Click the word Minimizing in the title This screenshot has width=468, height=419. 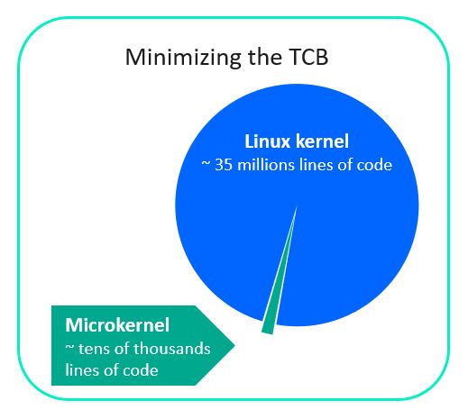(x=183, y=57)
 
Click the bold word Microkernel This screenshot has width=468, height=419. (x=117, y=325)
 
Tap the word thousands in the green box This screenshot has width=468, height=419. (x=172, y=349)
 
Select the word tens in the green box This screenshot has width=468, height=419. (x=92, y=349)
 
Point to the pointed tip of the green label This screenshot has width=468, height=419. (x=234, y=345)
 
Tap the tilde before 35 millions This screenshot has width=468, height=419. (x=206, y=164)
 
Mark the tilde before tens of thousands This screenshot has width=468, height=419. (x=69, y=348)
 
